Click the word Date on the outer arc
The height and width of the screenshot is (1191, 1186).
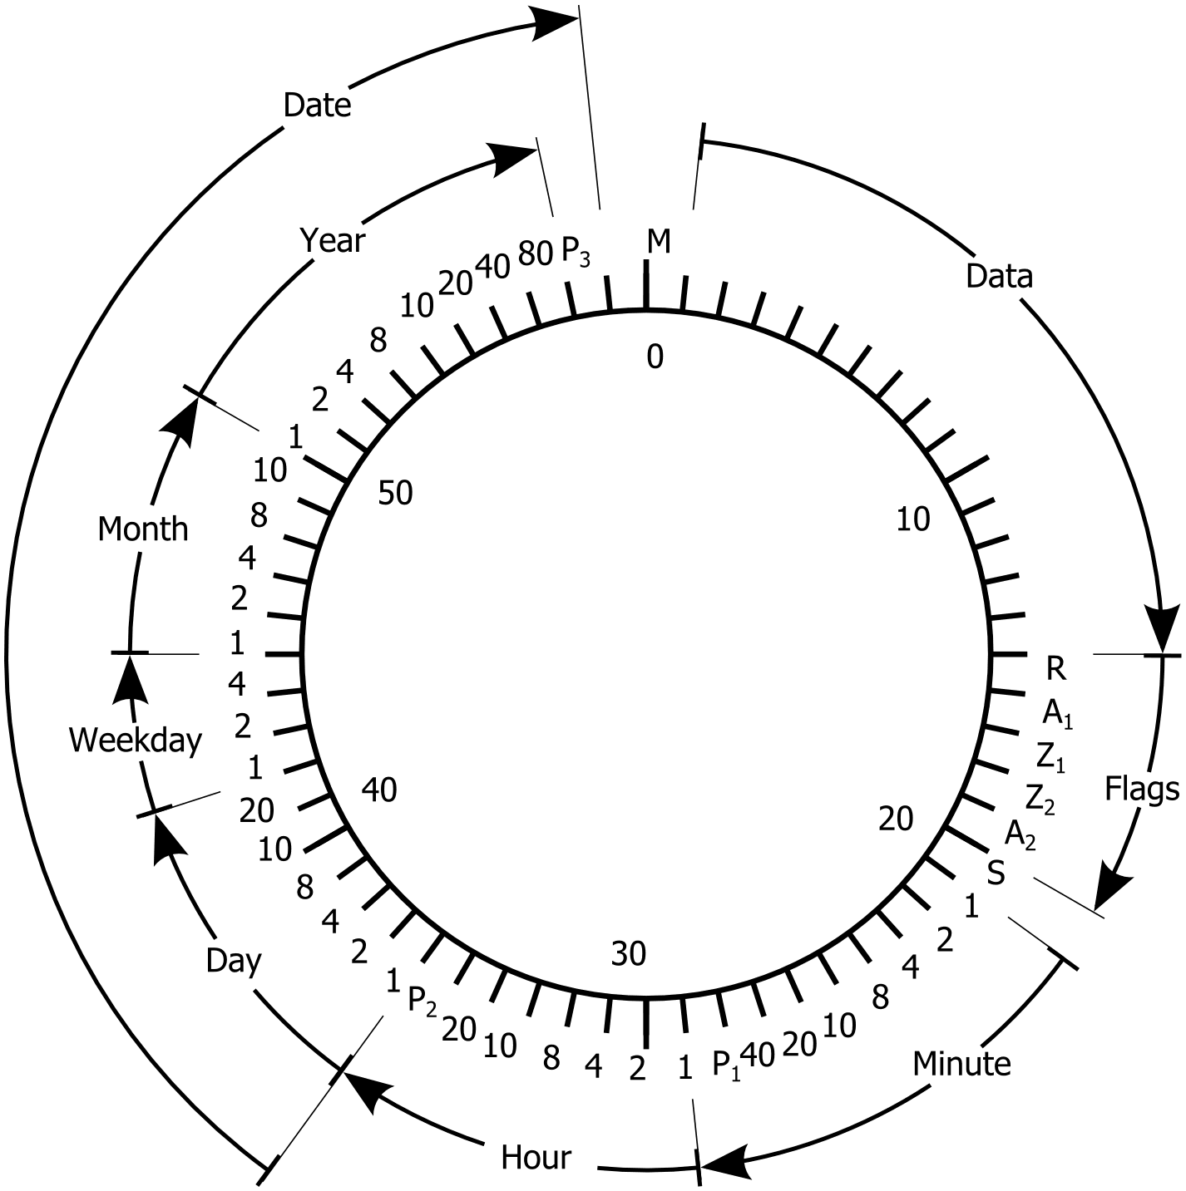(x=317, y=106)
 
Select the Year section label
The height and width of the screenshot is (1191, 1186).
(x=333, y=240)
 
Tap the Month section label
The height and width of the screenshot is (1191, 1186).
(x=143, y=529)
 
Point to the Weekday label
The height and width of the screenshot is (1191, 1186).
(x=136, y=740)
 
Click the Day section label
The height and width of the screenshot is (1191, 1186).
(x=234, y=961)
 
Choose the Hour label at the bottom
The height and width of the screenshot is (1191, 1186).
(x=536, y=1157)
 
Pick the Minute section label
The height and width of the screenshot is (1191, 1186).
(x=961, y=1063)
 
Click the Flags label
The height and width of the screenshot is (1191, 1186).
(x=1142, y=790)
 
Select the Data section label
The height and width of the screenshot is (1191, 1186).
(x=999, y=276)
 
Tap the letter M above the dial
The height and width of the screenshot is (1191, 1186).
(x=658, y=242)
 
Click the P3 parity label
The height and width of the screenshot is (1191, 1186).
(x=576, y=251)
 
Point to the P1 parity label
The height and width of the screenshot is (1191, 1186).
(x=726, y=1065)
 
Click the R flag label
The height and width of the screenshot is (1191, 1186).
(x=1055, y=667)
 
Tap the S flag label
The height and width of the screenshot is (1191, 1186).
(x=996, y=873)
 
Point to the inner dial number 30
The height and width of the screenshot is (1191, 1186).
(x=629, y=955)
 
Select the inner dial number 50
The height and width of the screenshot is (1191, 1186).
(x=395, y=493)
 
